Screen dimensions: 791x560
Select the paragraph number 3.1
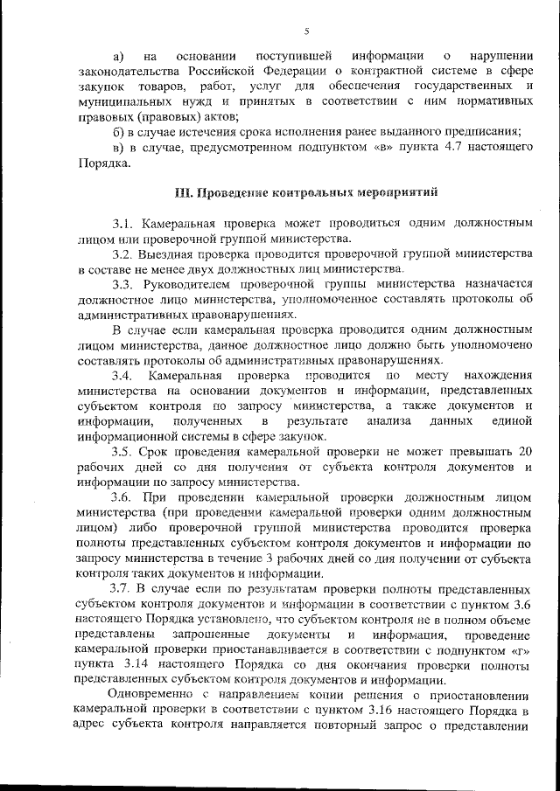pyautogui.click(x=122, y=223)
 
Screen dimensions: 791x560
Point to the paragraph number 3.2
pyautogui.click(x=122, y=253)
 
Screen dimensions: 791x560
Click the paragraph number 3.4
pyautogui.click(x=122, y=376)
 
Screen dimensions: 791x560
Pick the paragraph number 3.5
pyautogui.click(x=122, y=452)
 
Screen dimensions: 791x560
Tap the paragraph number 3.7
pyautogui.click(x=122, y=586)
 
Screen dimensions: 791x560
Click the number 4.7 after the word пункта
pyautogui.click(x=443, y=147)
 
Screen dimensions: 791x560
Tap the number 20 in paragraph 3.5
pyautogui.click(x=524, y=452)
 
